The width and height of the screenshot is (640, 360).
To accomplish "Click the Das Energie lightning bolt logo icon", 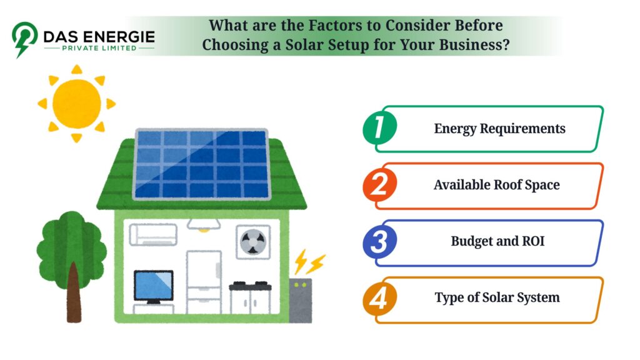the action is [24, 39].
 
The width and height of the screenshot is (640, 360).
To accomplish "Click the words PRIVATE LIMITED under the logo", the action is [99, 48].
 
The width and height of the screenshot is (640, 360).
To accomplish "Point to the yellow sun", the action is [77, 104].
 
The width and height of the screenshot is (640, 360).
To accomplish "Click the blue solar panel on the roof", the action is [202, 164].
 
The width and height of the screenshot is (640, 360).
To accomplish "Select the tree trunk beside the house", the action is [74, 293].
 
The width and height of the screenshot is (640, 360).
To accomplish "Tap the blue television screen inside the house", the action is [154, 286].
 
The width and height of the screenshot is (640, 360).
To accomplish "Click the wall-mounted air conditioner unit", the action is [153, 235].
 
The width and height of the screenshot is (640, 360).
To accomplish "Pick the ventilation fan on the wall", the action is [253, 242].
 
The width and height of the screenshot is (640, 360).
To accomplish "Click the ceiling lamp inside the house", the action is [204, 225].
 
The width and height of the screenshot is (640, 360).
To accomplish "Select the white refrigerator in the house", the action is [204, 282].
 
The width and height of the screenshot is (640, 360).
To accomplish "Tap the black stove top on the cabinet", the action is [250, 286].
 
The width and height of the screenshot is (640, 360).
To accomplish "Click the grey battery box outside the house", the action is [301, 301].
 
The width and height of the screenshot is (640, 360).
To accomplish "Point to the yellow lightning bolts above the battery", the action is [310, 262].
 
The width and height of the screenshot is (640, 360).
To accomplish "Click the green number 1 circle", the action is [379, 127].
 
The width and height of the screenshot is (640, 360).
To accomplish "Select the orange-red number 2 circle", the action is [379, 184].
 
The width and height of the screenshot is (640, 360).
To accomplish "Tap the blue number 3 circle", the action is [379, 241].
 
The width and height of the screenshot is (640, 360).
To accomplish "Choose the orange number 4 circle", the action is [379, 298].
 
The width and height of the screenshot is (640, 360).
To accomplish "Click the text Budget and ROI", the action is [497, 241].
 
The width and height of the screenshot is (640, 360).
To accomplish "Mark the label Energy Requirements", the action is [499, 129].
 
